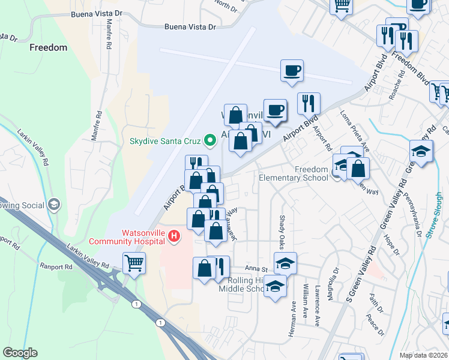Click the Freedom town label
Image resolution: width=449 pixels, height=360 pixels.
[47, 47]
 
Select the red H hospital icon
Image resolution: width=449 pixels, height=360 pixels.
[174, 236]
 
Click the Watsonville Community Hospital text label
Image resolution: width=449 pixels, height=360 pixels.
[127, 237]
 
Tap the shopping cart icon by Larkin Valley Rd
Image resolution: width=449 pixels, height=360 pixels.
[134, 262]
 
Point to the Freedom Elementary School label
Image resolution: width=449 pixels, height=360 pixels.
[294, 173]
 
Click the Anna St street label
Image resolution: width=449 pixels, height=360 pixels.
[255, 268]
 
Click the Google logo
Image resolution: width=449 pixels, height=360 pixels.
[20, 353]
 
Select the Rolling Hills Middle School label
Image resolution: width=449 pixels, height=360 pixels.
[246, 284]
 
